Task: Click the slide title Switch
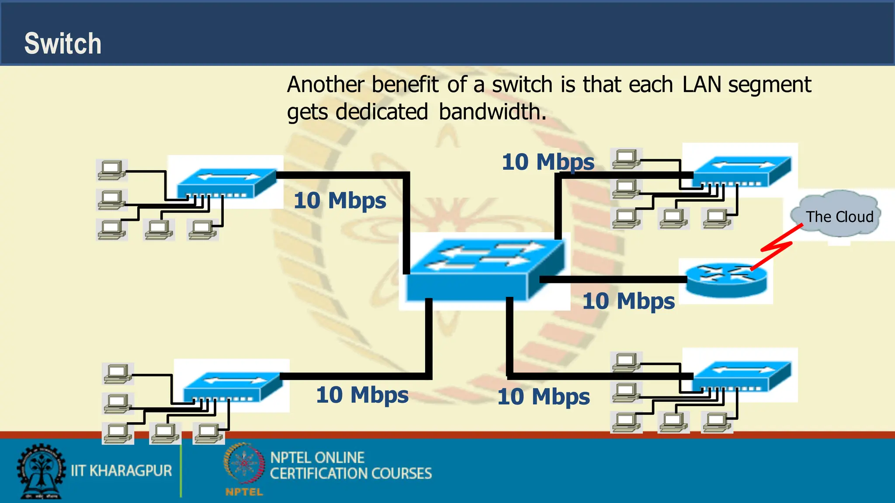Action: (62, 44)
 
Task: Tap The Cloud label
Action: (839, 217)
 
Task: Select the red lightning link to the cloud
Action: (777, 248)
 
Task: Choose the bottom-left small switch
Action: (232, 386)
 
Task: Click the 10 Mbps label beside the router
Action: (628, 301)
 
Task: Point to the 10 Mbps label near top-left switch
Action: (340, 201)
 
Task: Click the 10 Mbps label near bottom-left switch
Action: (362, 395)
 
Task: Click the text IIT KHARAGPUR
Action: (121, 471)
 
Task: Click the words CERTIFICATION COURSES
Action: (350, 474)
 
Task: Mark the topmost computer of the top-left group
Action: (112, 170)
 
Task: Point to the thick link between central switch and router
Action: (612, 279)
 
